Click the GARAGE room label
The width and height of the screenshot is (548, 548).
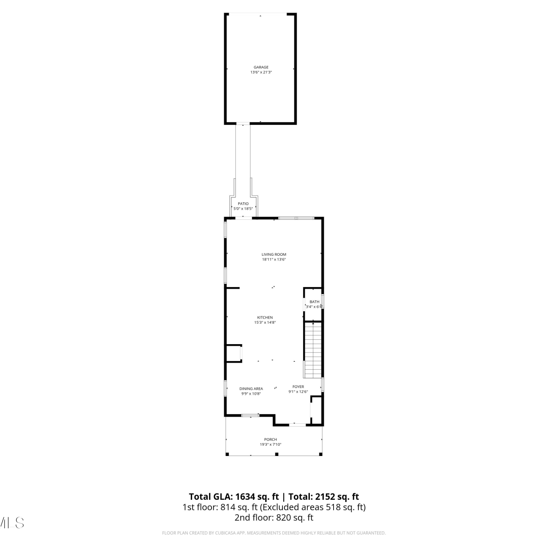[261, 67]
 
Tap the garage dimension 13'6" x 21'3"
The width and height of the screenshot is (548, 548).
[261, 72]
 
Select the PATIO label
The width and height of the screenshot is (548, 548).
[243, 204]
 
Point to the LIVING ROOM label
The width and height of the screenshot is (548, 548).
[274, 255]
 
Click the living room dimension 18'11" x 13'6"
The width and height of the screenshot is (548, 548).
[274, 260]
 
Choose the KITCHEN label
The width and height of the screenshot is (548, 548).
[265, 317]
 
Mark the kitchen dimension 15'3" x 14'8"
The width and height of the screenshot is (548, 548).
[265, 323]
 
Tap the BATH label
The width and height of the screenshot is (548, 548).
[314, 302]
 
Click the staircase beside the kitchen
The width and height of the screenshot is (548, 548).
[313, 350]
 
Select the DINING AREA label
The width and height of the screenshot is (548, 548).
[251, 389]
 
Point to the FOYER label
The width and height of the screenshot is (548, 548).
[298, 387]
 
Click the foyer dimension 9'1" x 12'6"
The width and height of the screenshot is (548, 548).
[298, 392]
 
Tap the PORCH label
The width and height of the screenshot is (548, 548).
[270, 439]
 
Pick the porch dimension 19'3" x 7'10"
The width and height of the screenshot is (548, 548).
[270, 445]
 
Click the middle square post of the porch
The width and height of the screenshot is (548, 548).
[277, 454]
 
